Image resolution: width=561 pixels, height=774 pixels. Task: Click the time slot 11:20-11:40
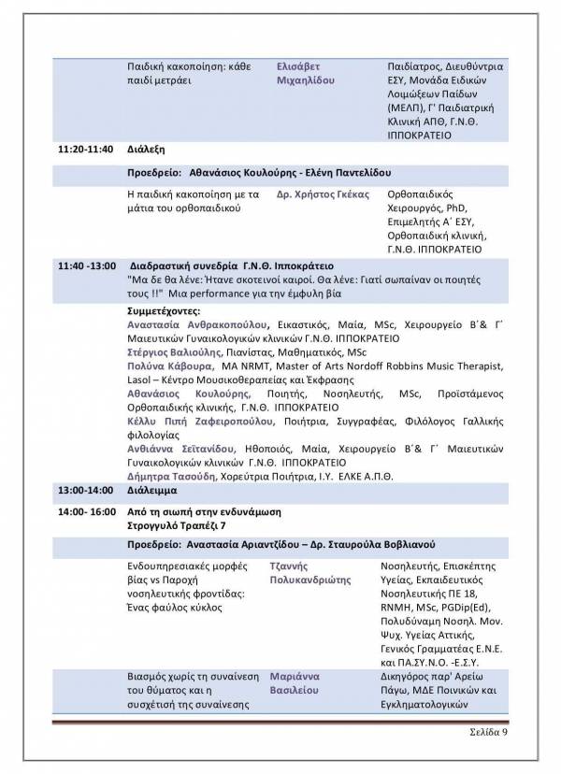click(x=85, y=149)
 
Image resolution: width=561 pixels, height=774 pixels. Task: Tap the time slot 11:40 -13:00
click(x=86, y=265)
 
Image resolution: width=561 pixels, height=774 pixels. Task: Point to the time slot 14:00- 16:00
click(x=86, y=512)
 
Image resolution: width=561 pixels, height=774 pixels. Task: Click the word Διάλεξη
click(x=147, y=149)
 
